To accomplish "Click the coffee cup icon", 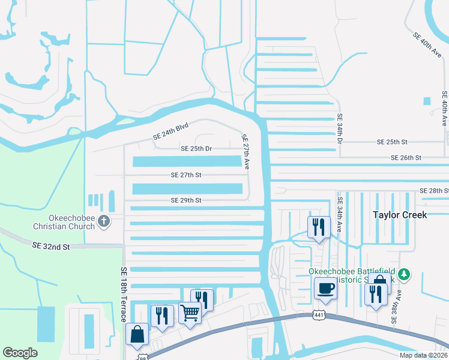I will (x=325, y=287).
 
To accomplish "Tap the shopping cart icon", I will (x=190, y=312).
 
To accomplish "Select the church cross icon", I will (x=103, y=221).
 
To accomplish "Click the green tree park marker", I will (x=405, y=274).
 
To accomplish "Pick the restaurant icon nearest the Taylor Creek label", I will (x=319, y=227).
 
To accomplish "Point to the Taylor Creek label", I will (x=399, y=214).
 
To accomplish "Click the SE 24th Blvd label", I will (x=170, y=131).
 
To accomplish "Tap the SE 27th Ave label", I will (x=246, y=152).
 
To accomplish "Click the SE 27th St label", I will (x=185, y=175).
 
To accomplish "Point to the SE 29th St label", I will (x=185, y=200).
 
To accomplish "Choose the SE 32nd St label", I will (x=51, y=246).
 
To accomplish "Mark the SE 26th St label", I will (x=406, y=157).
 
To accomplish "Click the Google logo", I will (x=20, y=352).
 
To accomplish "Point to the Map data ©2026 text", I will (x=423, y=355).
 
